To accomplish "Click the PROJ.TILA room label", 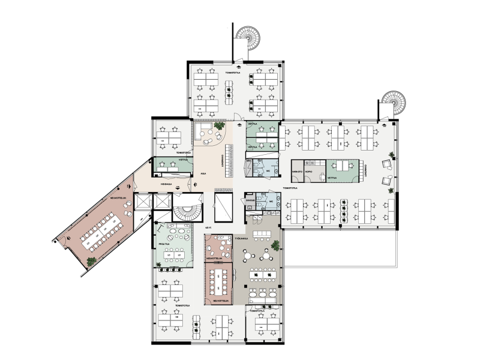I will tap(163, 245).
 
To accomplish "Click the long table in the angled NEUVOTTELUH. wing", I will tap(103, 229).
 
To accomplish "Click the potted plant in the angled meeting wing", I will tap(91, 260).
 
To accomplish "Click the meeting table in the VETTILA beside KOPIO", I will tap(343, 166).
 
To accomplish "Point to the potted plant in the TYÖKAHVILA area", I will tap(275, 245).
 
